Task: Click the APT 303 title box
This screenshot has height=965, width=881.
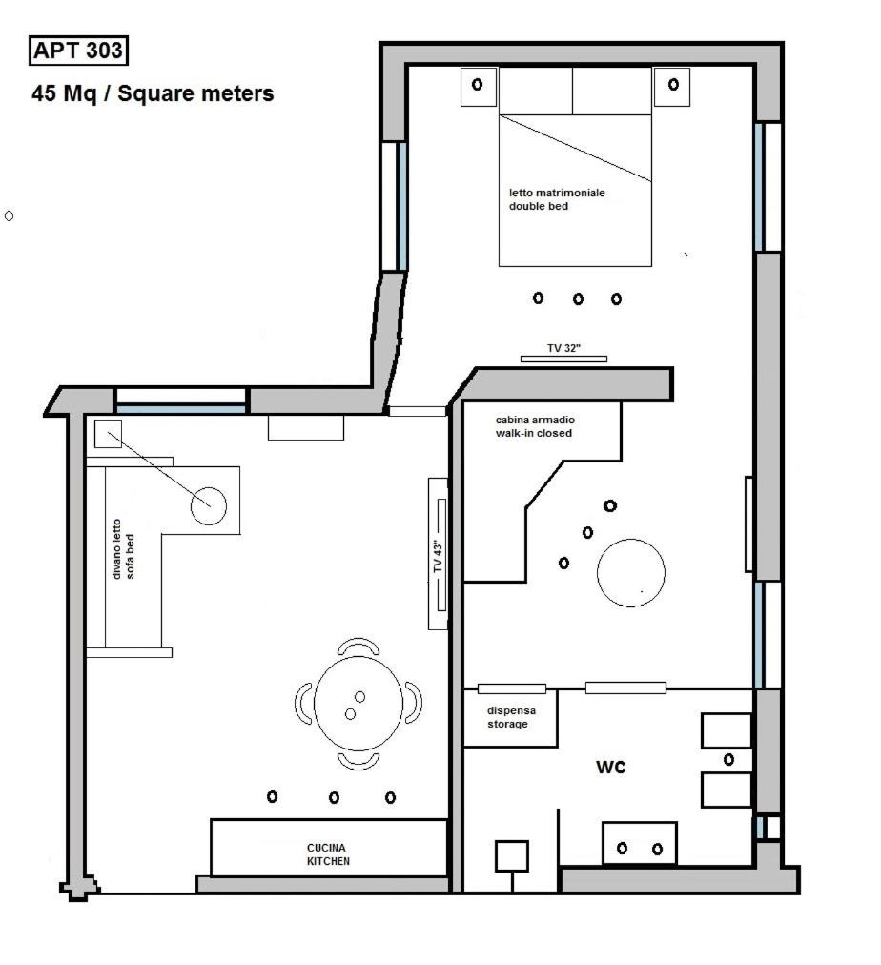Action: (x=78, y=51)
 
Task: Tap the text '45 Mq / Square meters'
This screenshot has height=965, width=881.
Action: (x=153, y=93)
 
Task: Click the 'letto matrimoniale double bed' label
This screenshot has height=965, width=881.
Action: (x=556, y=199)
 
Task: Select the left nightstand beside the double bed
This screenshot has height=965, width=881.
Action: (x=478, y=87)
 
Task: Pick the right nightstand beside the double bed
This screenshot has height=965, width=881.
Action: (x=672, y=87)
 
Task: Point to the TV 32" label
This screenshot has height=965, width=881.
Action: (x=564, y=348)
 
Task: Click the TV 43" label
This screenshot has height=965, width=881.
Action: (x=438, y=557)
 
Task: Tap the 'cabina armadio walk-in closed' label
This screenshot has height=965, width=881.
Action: (x=534, y=426)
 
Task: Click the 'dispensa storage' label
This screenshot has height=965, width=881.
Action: (x=511, y=717)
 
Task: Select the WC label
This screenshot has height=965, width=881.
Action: (x=611, y=767)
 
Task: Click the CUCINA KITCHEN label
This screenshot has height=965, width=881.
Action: (x=328, y=854)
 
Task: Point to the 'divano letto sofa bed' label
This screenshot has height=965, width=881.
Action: (x=123, y=548)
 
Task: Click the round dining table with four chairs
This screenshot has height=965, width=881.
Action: (x=359, y=704)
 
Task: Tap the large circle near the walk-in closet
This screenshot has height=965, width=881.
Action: (x=630, y=573)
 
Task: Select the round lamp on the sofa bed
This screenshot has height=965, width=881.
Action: (x=209, y=506)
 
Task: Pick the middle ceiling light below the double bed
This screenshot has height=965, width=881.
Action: (x=578, y=299)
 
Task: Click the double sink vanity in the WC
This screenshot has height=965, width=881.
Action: (x=639, y=843)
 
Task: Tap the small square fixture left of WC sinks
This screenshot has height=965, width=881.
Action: (x=512, y=856)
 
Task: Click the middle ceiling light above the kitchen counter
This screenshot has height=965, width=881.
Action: (x=334, y=797)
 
